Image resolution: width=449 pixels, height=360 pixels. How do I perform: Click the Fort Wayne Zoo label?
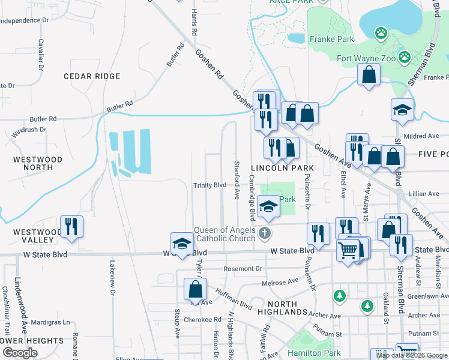[366, 58]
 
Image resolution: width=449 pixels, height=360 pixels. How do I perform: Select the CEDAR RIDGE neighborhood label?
[92, 76]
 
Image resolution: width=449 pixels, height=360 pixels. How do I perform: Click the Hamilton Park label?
[313, 353]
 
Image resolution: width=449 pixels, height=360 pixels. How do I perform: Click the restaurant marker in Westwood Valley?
[71, 226]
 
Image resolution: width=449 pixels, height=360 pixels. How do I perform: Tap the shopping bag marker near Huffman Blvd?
[196, 289]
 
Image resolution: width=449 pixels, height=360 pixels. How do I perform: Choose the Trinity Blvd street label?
[209, 185]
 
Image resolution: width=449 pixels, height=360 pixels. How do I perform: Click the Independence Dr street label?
[24, 20]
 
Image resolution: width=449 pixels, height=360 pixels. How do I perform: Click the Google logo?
[20, 353]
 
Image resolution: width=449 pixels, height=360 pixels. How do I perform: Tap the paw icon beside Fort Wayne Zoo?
[405, 58]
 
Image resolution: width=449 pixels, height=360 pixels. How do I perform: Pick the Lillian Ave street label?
[424, 194]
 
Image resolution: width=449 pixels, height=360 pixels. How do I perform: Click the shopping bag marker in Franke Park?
[369, 74]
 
